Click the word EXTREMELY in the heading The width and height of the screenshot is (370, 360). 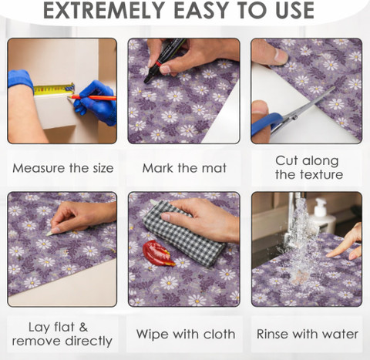click(104, 10)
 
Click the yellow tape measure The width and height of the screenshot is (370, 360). click(54, 89)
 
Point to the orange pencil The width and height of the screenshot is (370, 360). click(92, 98)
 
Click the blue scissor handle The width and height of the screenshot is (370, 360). click(267, 124)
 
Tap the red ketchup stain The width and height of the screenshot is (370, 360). click(157, 253)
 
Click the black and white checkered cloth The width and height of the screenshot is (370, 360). click(183, 233)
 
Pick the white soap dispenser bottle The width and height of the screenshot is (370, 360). click(323, 215)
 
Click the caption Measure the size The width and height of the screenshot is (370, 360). click(63, 168)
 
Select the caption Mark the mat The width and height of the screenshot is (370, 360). click(184, 168)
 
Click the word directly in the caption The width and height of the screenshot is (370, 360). click(89, 341)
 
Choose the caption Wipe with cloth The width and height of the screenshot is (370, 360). click(186, 335)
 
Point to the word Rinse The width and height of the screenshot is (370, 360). click(273, 335)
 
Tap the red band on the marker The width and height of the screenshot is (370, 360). click(159, 63)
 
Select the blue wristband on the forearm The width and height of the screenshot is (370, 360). click(21, 79)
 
